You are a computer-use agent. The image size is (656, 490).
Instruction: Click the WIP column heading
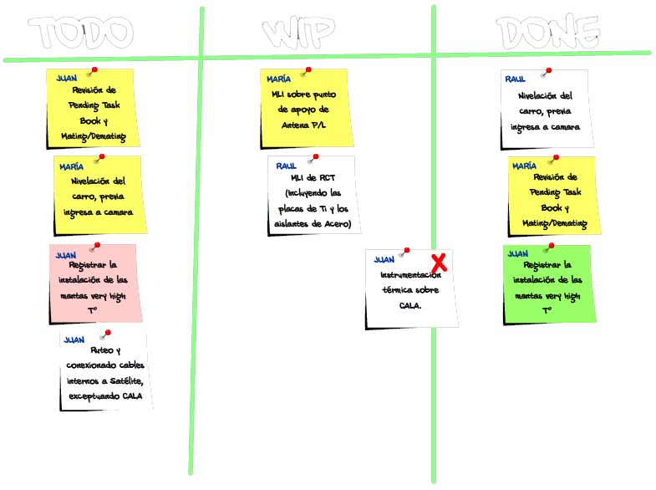click(x=300, y=34)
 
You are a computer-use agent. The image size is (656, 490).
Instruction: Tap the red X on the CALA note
click(x=438, y=262)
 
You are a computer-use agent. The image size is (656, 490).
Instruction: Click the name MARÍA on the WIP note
click(x=278, y=79)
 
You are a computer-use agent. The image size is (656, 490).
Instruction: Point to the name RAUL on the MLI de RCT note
click(x=286, y=166)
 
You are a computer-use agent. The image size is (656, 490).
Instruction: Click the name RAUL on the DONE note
click(x=515, y=79)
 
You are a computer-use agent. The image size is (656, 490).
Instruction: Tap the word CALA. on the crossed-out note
click(x=410, y=305)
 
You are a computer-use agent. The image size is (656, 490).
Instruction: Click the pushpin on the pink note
click(x=96, y=246)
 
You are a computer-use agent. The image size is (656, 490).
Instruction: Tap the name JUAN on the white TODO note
click(x=74, y=339)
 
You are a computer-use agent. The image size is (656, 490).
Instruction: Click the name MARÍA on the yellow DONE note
click(x=524, y=166)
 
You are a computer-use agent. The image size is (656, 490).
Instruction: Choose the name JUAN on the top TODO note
click(x=66, y=78)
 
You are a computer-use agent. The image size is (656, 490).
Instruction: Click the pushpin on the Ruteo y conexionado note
click(x=104, y=335)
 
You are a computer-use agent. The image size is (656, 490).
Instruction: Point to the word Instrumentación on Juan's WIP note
click(x=409, y=275)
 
